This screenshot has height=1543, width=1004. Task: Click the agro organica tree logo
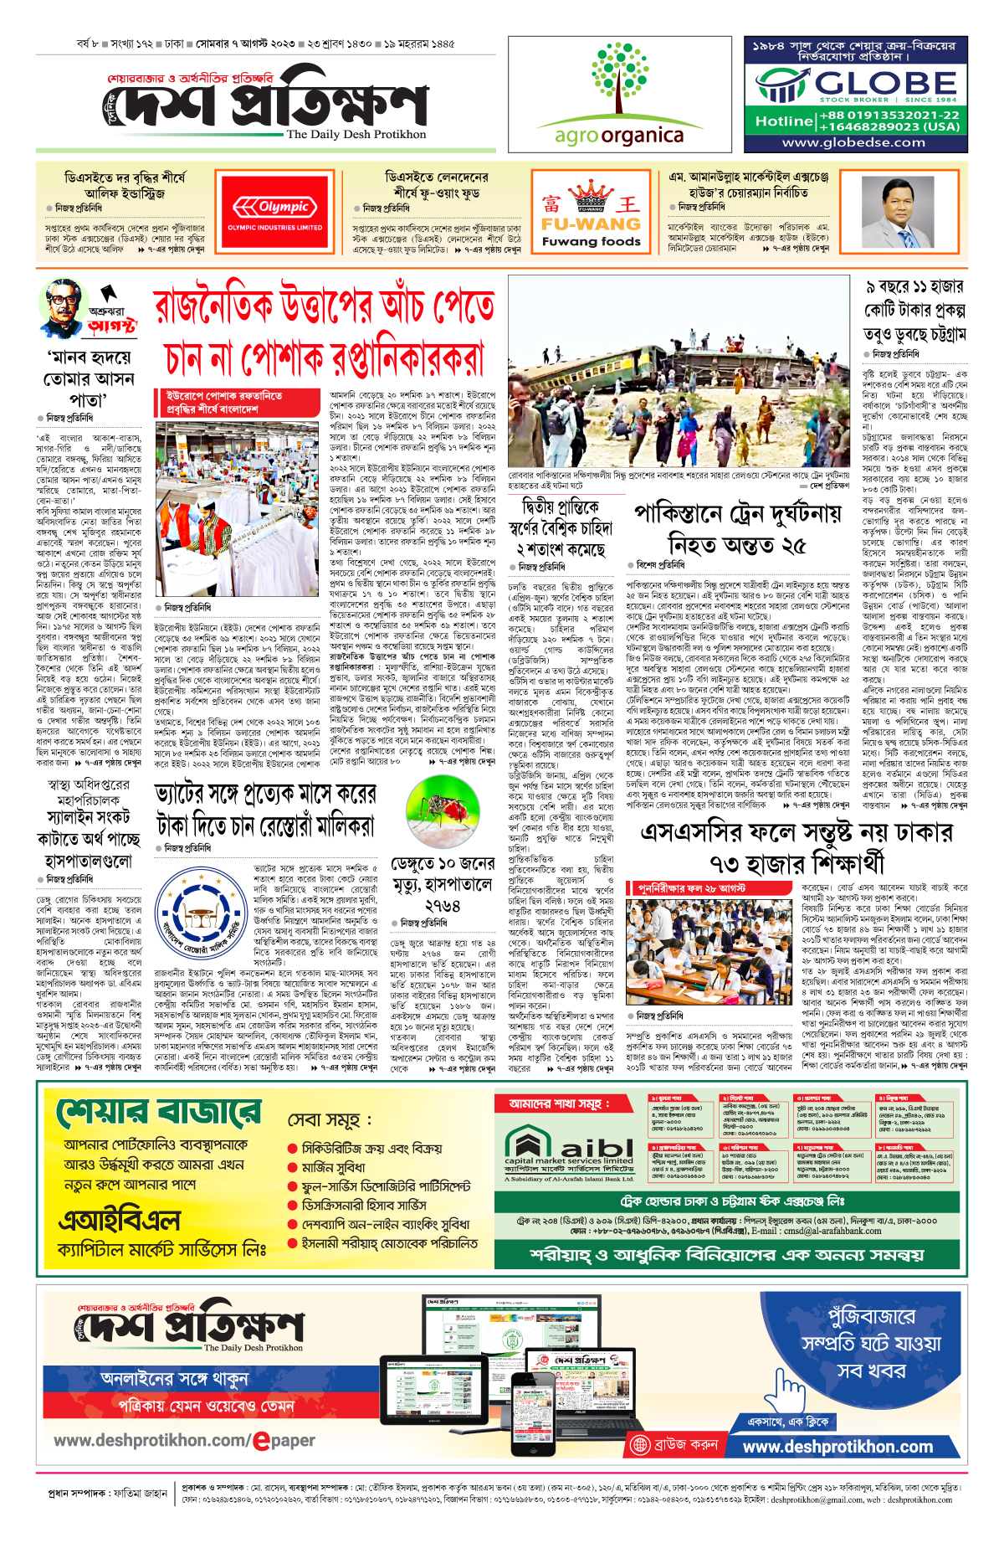(619, 80)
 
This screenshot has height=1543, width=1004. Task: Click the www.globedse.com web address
(853, 142)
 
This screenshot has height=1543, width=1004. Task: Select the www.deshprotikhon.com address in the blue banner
(838, 1447)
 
